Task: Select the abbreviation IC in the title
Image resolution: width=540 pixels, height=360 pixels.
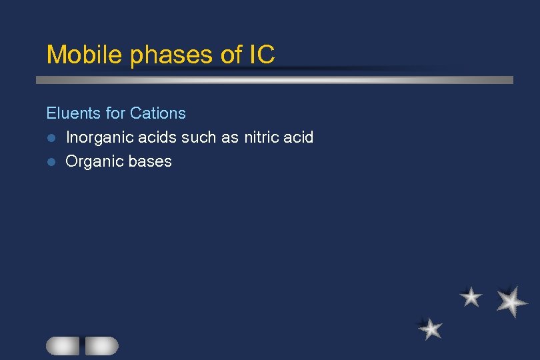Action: [261, 55]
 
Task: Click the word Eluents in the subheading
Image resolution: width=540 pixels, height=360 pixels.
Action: [73, 113]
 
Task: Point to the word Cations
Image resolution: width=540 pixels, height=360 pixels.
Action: [158, 113]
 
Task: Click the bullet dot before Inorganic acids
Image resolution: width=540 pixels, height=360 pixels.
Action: [50, 139]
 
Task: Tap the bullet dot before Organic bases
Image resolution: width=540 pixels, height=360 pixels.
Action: [50, 162]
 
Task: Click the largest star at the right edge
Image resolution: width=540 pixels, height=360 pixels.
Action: [511, 301]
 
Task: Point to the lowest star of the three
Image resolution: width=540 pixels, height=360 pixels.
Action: [431, 328]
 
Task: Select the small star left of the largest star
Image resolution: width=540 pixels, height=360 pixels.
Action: [471, 297]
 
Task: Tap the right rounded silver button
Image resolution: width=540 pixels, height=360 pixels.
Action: [101, 345]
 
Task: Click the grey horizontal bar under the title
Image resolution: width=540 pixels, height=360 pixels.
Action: [274, 80]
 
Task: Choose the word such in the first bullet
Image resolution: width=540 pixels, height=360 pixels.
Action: [197, 138]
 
